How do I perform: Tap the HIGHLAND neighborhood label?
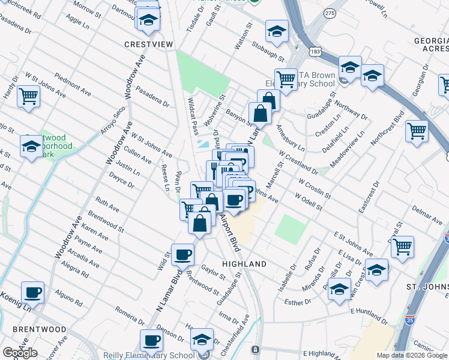[244, 264]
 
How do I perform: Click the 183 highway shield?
[315, 52]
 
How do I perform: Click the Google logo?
[20, 353]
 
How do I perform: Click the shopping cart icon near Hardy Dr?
[28, 95]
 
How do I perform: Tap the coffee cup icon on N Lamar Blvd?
[183, 254]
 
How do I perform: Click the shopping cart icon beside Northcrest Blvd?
[417, 130]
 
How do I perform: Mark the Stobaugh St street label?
[268, 51]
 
